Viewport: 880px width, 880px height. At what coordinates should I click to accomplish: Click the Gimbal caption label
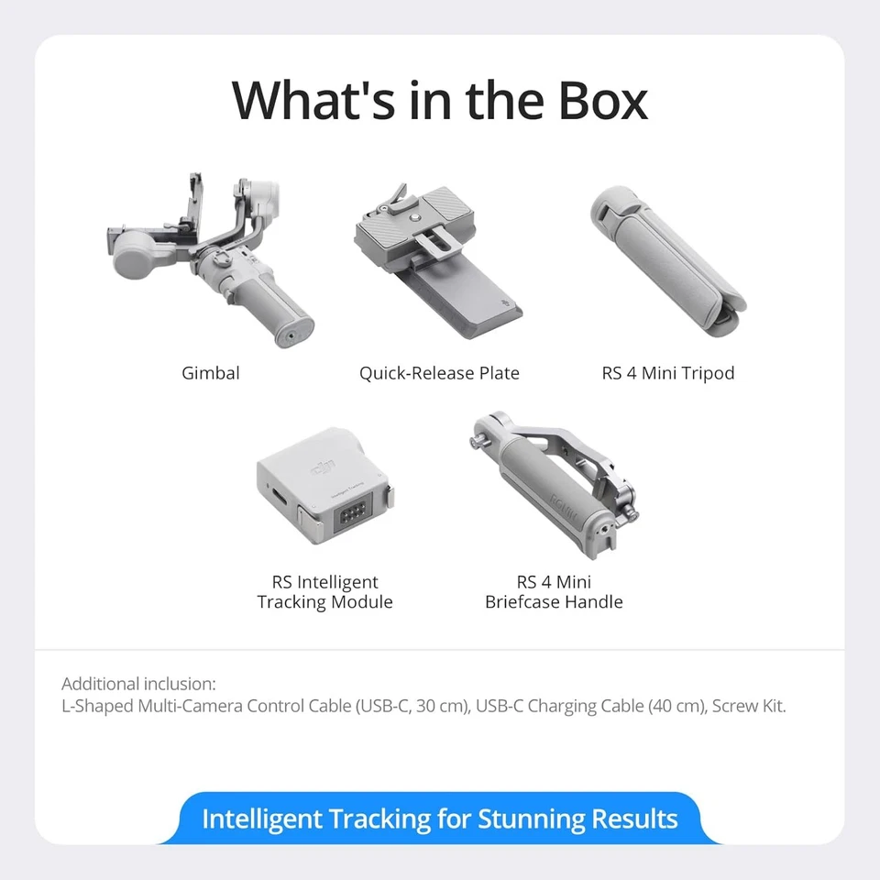pos(211,373)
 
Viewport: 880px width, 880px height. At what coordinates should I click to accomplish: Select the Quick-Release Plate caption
pos(439,373)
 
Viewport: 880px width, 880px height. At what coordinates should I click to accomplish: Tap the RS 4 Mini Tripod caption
pos(668,373)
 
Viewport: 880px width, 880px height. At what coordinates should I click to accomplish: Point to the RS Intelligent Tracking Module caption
pos(324,592)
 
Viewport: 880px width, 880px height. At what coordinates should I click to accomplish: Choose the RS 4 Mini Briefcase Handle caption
pos(554,592)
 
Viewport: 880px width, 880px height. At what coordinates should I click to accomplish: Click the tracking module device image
pos(325,500)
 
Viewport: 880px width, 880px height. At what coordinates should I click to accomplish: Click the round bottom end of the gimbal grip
pos(291,335)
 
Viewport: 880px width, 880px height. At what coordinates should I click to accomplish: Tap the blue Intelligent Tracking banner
pos(439,819)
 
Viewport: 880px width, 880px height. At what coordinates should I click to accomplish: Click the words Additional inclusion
pos(138,684)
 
